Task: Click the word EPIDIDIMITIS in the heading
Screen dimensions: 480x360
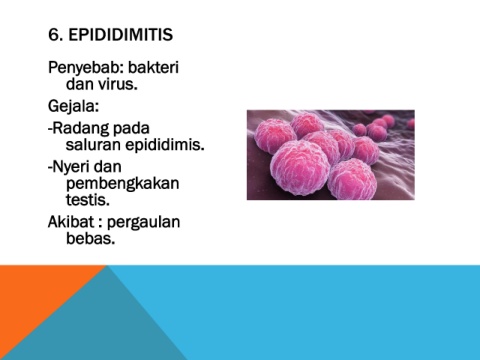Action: (121, 35)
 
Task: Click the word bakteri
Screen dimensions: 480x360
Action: (153, 67)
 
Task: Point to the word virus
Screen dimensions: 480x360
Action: (118, 84)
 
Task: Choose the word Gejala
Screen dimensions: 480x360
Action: (73, 107)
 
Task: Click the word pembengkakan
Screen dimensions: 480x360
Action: (123, 184)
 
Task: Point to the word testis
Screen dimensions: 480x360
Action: (88, 200)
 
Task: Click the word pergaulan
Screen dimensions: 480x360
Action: (144, 223)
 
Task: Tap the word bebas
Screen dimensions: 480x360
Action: (91, 238)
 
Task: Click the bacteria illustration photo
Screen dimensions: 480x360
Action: (331, 155)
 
